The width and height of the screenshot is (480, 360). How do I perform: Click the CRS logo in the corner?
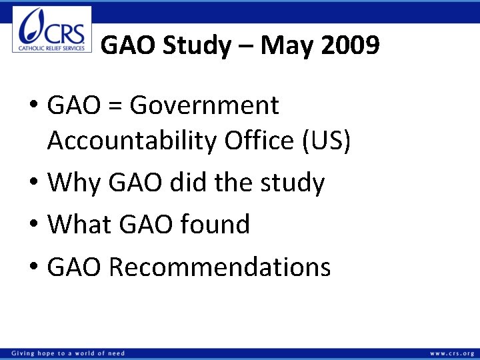[x=52, y=29]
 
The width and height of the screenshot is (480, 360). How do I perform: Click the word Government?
[x=205, y=105]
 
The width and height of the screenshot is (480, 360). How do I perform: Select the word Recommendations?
[x=219, y=267]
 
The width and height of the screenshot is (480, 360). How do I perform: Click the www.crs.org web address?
[x=452, y=353]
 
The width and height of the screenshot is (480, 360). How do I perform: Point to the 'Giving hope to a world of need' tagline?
[x=67, y=353]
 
